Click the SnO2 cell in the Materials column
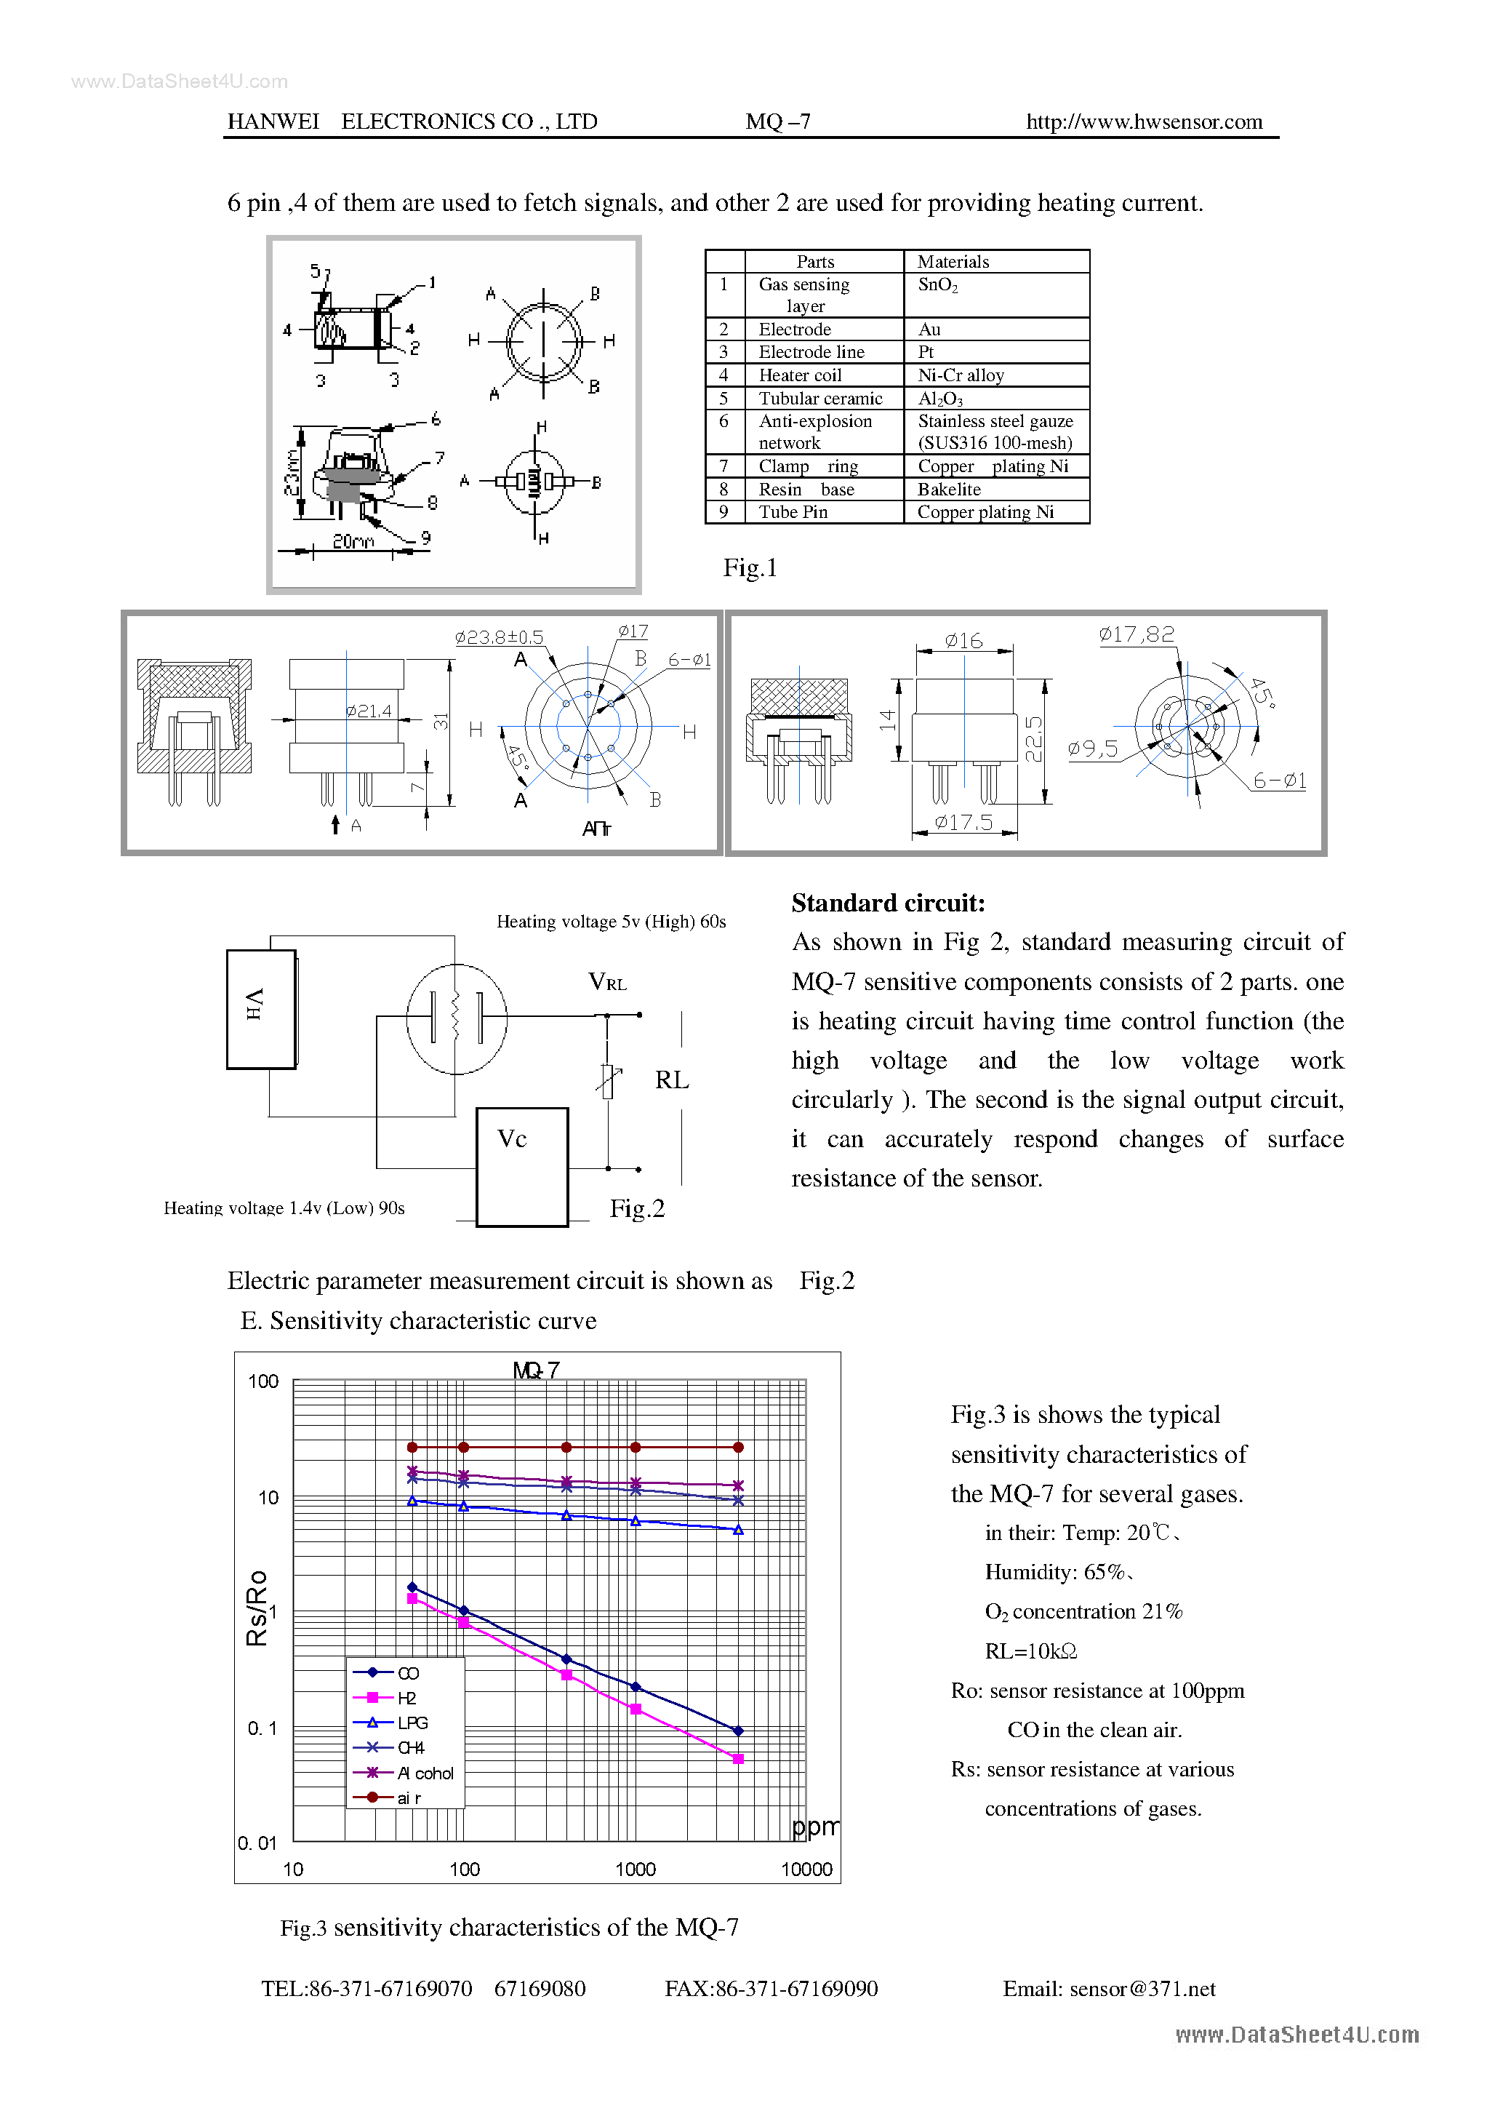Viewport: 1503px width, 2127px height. pyautogui.click(x=937, y=285)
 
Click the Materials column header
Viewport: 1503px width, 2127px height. pyautogui.click(x=953, y=261)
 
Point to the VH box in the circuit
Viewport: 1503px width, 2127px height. pyautogui.click(x=261, y=1009)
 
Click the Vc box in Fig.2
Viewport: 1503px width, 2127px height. pyautogui.click(x=521, y=1165)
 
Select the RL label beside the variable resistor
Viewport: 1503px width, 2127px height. pyautogui.click(x=671, y=1080)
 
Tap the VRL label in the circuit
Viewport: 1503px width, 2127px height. pyautogui.click(x=607, y=983)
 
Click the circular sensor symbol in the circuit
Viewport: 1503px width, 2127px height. pyautogui.click(x=457, y=1019)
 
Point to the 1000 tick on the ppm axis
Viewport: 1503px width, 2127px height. pyautogui.click(x=636, y=1869)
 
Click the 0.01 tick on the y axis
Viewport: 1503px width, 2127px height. pyautogui.click(x=257, y=1843)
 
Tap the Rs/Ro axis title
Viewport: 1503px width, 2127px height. pyautogui.click(x=257, y=1608)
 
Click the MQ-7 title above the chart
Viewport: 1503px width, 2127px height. pyautogui.click(x=536, y=1369)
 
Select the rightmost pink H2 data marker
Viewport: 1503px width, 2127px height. pyautogui.click(x=738, y=1758)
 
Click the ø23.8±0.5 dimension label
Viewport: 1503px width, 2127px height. pyautogui.click(x=498, y=637)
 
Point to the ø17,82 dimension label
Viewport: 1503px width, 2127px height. pyautogui.click(x=1137, y=634)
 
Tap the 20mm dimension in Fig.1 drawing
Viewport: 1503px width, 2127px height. pyautogui.click(x=353, y=541)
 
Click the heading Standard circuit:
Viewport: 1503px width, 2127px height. pyautogui.click(x=888, y=903)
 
